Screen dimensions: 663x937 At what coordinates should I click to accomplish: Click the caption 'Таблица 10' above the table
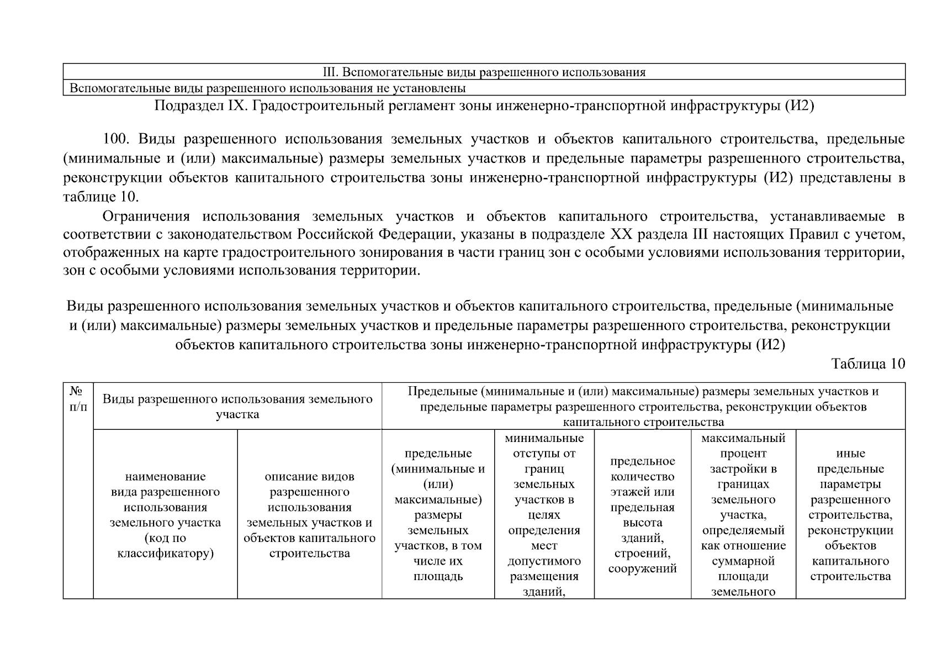[868, 364]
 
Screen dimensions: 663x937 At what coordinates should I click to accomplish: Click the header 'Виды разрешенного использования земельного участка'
[237, 406]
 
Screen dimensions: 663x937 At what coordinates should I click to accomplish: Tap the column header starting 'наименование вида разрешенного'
[165, 514]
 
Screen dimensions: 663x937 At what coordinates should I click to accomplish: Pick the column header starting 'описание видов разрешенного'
[309, 514]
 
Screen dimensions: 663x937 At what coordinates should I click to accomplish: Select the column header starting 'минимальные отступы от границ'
[544, 514]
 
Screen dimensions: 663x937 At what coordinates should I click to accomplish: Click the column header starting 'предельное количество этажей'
[642, 514]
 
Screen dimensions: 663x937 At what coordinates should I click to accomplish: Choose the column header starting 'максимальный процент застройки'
[743, 514]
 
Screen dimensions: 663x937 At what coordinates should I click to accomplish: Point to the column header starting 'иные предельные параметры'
[850, 514]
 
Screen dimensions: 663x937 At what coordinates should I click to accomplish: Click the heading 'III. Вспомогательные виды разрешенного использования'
[484, 72]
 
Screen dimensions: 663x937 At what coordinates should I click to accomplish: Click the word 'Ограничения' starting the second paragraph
[146, 216]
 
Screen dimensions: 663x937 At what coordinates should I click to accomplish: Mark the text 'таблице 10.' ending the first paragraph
[101, 197]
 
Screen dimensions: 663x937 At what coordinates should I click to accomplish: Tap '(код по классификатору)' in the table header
[165, 545]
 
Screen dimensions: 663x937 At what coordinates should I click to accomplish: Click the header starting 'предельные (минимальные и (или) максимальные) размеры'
[438, 514]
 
